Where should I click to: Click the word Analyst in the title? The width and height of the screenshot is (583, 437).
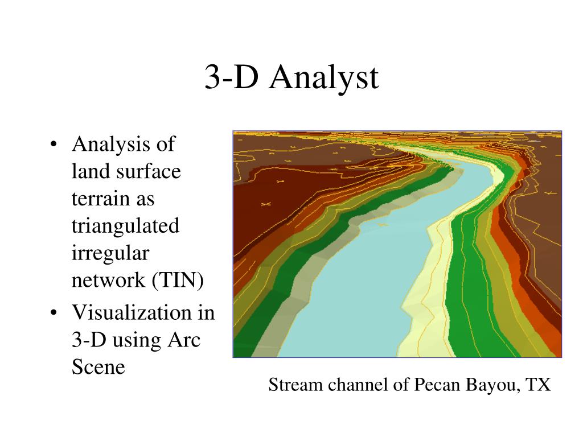click(x=324, y=77)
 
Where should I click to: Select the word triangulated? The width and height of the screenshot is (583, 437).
click(x=125, y=226)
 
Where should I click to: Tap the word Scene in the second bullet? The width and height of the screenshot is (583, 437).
click(x=98, y=367)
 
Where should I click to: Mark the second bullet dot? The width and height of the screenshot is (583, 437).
click(x=53, y=313)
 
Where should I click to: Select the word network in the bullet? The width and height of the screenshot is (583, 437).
click(x=108, y=281)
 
